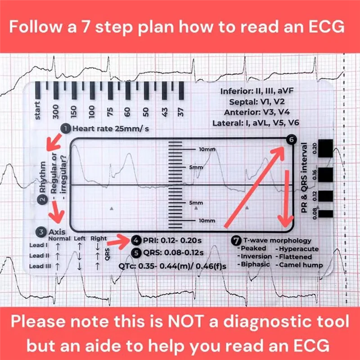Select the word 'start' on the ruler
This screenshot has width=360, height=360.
38,110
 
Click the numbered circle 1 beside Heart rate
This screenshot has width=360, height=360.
66,129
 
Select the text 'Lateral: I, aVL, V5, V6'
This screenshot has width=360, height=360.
256,122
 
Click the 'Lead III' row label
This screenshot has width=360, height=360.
39,266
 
